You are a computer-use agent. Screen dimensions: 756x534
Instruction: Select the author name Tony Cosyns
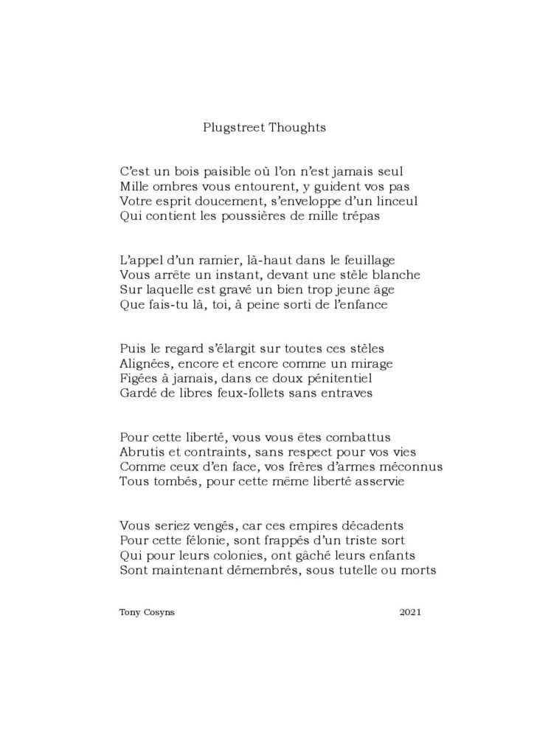coord(144,612)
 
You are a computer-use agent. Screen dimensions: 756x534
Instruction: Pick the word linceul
coord(395,201)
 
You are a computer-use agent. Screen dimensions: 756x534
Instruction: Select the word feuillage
coord(365,260)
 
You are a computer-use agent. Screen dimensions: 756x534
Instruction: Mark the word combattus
coord(356,437)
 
